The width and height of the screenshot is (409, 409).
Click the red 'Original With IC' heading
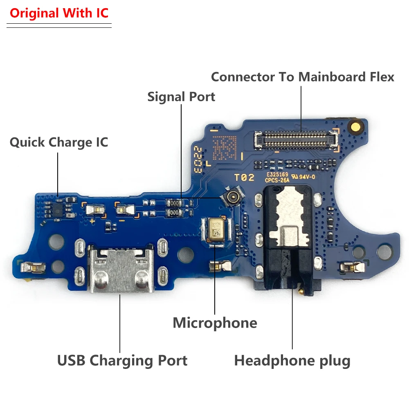[59, 13]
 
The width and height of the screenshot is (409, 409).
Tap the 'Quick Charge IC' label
[59, 143]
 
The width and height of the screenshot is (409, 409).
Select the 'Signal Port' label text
[181, 97]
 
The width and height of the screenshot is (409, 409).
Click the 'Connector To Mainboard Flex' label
[303, 77]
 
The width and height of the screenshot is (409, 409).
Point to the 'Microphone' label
[215, 323]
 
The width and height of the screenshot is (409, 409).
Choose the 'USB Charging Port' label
[122, 361]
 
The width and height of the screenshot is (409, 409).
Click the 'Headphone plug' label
[292, 361]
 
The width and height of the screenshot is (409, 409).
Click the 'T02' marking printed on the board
[244, 178]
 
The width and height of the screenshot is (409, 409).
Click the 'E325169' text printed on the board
[277, 174]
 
